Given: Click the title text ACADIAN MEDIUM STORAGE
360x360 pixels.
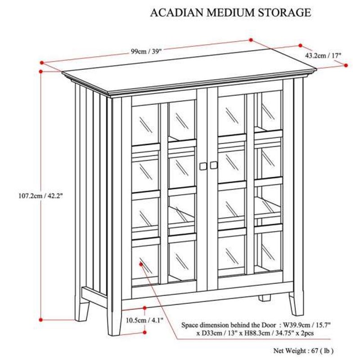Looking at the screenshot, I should (x=230, y=13).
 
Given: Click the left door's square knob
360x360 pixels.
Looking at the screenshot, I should (x=202, y=166).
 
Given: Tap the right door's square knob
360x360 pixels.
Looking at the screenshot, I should (x=213, y=166).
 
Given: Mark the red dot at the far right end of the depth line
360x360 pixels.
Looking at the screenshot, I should (x=346, y=65).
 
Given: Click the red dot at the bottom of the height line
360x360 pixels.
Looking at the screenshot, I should (x=41, y=319).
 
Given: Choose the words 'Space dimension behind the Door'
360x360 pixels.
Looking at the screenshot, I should (x=229, y=324).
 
